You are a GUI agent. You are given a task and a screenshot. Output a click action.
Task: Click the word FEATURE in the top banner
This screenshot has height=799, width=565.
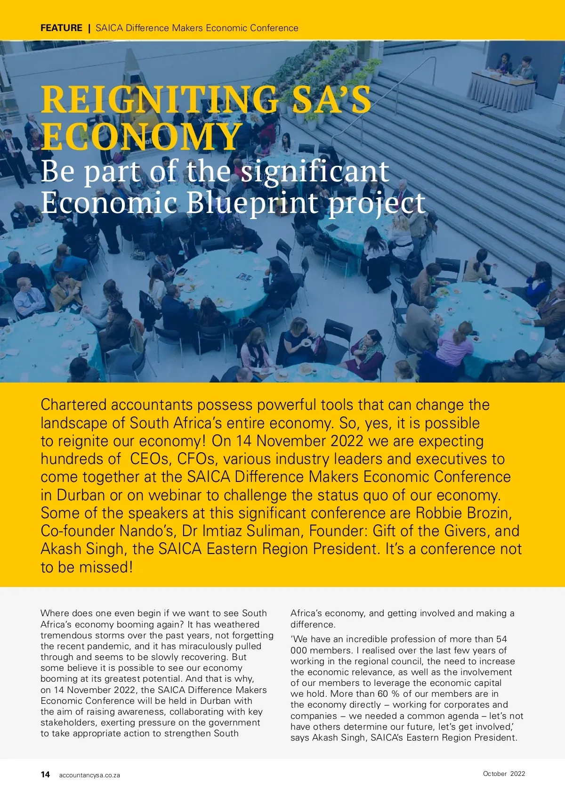click(x=61, y=28)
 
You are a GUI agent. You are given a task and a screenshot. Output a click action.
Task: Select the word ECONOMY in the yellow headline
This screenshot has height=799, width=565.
click(x=141, y=137)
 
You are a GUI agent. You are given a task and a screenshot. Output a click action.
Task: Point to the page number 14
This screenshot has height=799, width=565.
click(x=45, y=775)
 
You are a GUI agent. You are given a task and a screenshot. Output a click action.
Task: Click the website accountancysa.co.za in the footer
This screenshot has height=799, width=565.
click(x=89, y=775)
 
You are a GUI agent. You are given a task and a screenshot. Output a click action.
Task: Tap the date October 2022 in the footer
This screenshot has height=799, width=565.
click(x=504, y=774)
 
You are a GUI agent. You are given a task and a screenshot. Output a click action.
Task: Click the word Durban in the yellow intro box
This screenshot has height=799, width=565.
click(x=81, y=495)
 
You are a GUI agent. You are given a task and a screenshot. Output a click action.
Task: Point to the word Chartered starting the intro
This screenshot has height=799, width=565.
click(x=73, y=405)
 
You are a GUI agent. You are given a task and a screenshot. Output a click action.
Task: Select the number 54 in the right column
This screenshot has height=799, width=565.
click(x=501, y=639)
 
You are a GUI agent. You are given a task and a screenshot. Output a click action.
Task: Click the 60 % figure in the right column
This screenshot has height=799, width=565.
click(x=387, y=694)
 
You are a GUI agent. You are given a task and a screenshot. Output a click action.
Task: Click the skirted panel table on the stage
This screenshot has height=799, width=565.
click(x=501, y=90)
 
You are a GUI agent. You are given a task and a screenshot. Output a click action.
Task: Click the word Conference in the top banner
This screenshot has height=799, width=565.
click(x=274, y=28)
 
